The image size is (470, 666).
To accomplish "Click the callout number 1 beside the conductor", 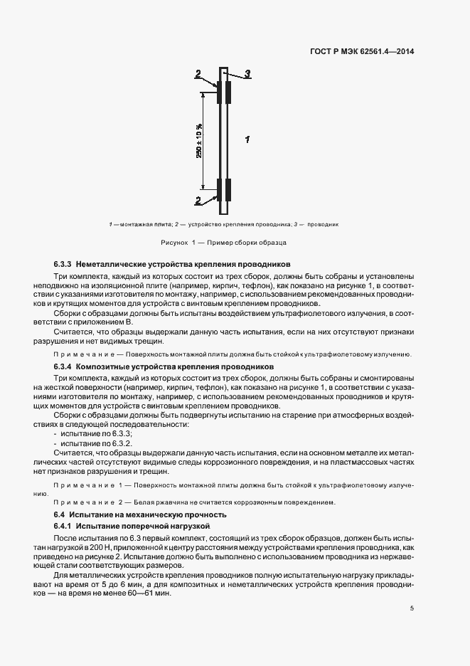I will click(246, 139).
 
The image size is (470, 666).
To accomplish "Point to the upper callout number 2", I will click(199, 72).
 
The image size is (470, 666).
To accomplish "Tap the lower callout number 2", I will click(198, 201).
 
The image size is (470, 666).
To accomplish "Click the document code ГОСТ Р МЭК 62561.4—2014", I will click(363, 51).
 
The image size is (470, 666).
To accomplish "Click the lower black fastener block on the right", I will click(229, 191).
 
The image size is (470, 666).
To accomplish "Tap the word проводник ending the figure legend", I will click(324, 224).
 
